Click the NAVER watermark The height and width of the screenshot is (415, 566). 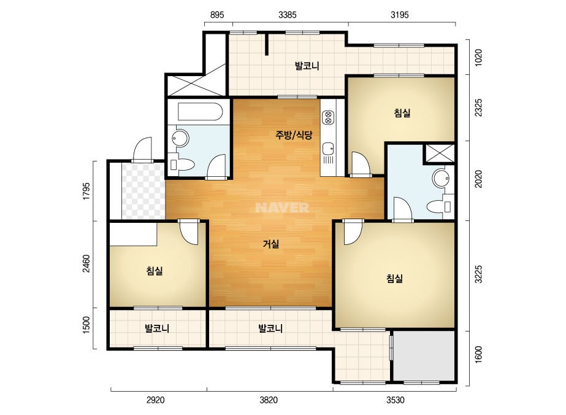[282, 207]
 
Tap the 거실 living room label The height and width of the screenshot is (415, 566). [270, 244]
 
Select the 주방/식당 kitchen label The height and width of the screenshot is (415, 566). [294, 135]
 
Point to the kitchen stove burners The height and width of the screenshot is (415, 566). [328, 117]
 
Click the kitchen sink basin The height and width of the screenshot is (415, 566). [328, 149]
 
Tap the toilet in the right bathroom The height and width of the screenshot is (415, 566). [439, 207]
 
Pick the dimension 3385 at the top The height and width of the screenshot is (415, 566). [288, 15]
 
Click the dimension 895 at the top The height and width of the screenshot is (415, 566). [217, 15]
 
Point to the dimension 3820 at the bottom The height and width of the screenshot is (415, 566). [269, 400]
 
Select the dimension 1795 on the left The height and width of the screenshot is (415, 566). [86, 192]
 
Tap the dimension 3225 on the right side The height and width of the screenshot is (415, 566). [478, 274]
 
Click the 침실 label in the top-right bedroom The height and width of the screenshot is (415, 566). [402, 113]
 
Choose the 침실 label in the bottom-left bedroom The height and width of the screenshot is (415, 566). [155, 271]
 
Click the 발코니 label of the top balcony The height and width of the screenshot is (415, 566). [307, 66]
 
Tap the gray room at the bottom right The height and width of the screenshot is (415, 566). [423, 355]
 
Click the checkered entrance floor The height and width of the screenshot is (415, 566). [143, 192]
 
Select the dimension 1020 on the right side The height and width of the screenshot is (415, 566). [478, 57]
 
